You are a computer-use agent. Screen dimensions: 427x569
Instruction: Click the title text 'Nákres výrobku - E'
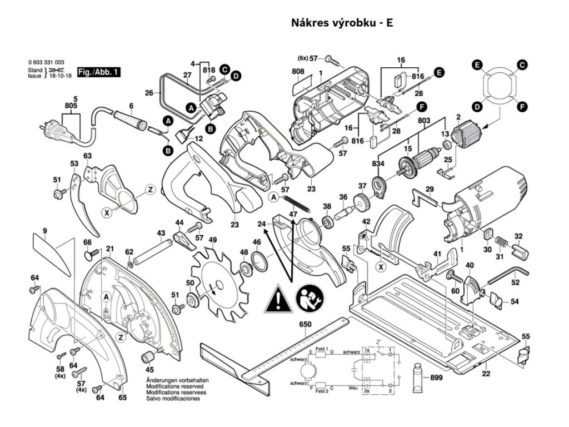click(342, 23)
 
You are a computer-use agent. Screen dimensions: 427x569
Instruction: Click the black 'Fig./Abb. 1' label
click(98, 72)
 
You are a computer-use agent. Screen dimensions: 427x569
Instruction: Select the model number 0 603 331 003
click(46, 62)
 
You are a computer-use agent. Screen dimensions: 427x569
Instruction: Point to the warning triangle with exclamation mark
click(277, 300)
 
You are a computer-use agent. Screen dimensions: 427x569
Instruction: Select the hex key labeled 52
click(508, 272)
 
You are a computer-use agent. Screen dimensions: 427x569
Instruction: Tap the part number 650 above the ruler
click(305, 324)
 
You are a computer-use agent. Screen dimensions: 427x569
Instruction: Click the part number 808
click(298, 71)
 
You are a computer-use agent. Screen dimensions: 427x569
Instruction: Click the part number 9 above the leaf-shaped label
click(44, 230)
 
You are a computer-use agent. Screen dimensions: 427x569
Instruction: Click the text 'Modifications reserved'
click(174, 386)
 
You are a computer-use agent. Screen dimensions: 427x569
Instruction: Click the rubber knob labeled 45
click(149, 357)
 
